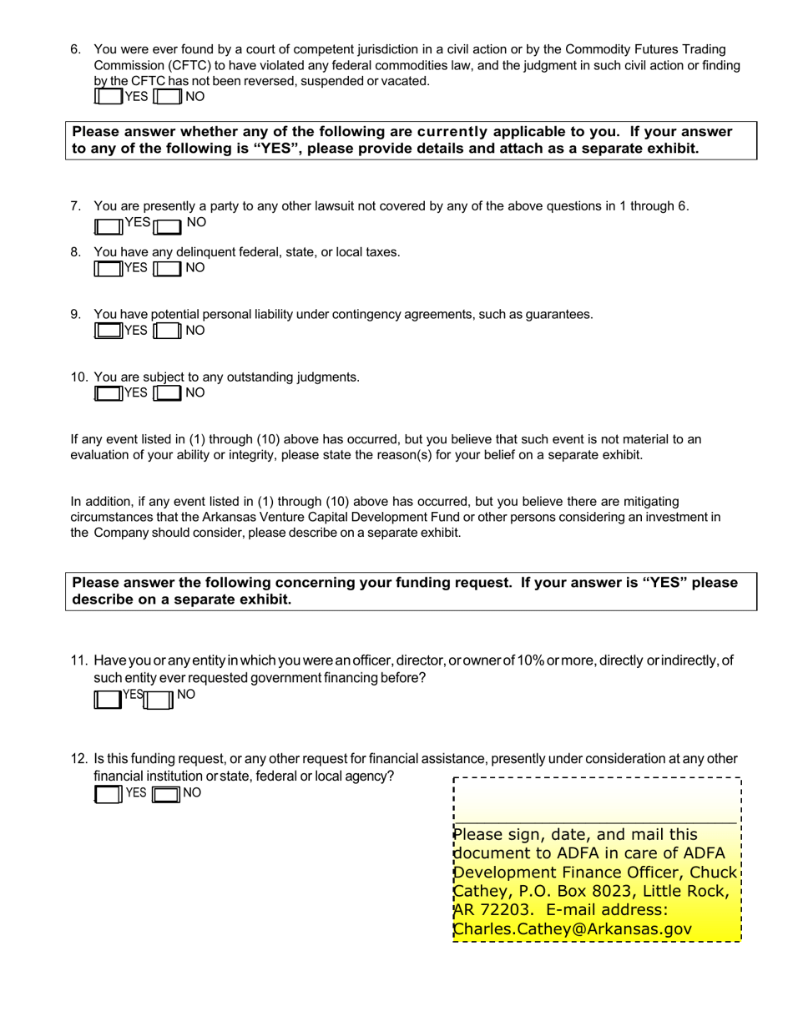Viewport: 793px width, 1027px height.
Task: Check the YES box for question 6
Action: point(109,97)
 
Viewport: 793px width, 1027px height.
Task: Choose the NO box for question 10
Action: point(168,393)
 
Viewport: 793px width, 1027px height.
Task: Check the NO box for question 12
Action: point(167,794)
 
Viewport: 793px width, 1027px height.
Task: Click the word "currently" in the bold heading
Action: point(451,132)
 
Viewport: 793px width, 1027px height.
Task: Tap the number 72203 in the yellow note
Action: point(499,910)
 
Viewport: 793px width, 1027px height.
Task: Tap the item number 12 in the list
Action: point(78,759)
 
